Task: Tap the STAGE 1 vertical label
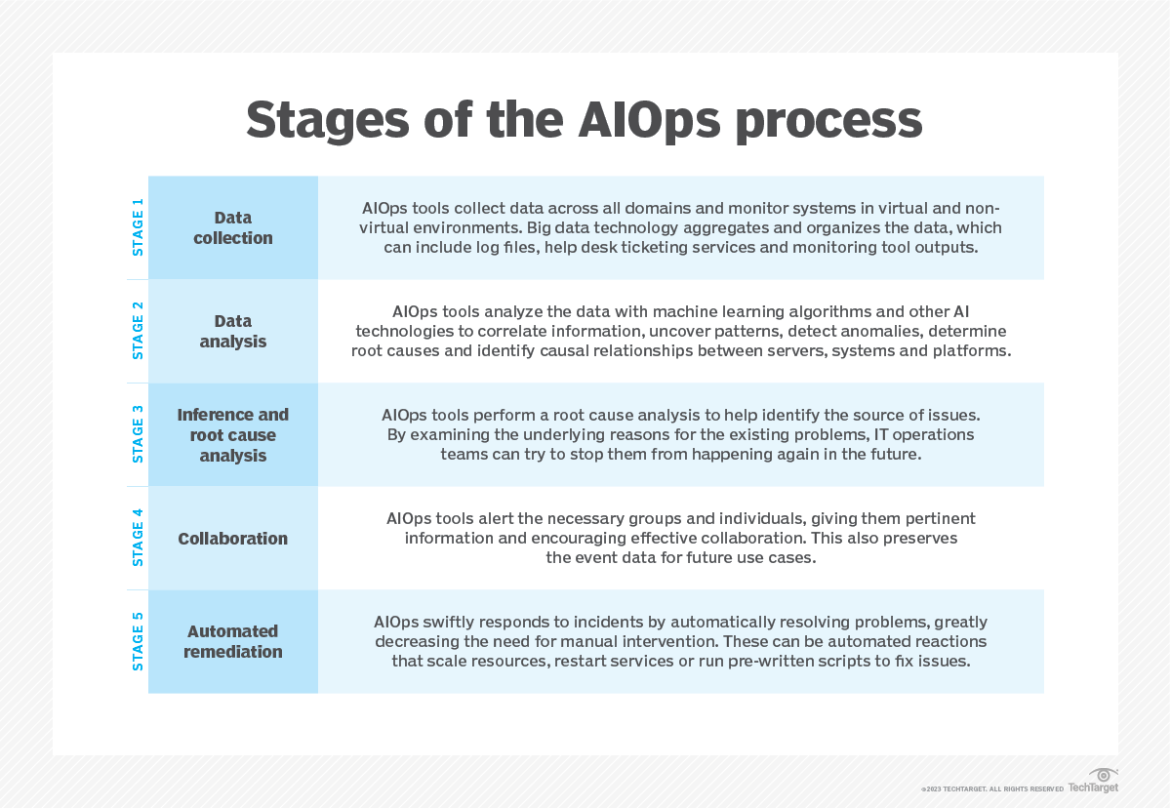click(x=138, y=227)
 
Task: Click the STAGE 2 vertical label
click(x=138, y=331)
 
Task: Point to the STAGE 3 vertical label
click(x=138, y=434)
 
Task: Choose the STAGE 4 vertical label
click(x=138, y=538)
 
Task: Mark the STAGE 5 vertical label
click(x=138, y=641)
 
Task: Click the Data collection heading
click(x=233, y=227)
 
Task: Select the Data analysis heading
click(x=233, y=331)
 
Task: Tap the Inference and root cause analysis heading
click(x=233, y=434)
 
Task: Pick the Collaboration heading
click(x=233, y=538)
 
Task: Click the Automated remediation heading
click(x=233, y=641)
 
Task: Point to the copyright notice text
click(x=991, y=788)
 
